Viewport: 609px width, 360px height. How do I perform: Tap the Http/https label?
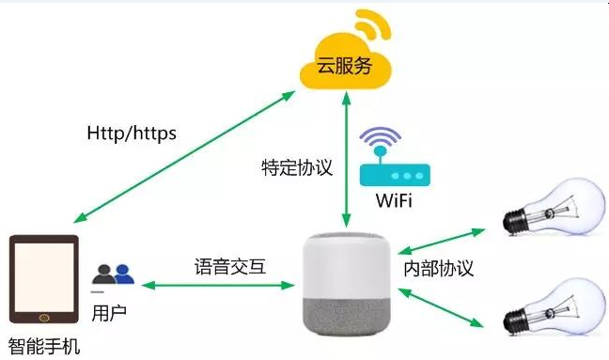[x=132, y=133]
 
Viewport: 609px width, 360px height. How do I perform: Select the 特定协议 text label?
[x=297, y=167]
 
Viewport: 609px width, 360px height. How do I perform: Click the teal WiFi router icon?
[x=395, y=175]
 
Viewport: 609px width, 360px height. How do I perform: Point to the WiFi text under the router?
[x=394, y=200]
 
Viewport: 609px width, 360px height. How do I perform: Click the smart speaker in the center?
[x=347, y=285]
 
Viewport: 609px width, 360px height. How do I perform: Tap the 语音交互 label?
[x=230, y=267]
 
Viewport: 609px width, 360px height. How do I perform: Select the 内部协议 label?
[x=439, y=268]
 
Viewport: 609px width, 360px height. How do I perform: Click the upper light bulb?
[x=554, y=208]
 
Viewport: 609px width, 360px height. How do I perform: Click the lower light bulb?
[x=554, y=307]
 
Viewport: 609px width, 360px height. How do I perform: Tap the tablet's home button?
[x=44, y=318]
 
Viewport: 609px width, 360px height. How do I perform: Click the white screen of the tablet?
[x=44, y=277]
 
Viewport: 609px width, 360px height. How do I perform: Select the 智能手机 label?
[x=44, y=347]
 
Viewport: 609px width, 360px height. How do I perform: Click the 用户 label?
[x=109, y=313]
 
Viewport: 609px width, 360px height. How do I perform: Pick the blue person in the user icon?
[x=123, y=274]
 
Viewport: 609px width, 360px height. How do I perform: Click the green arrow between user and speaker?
[x=218, y=286]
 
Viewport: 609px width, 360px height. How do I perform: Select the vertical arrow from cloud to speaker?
[x=346, y=159]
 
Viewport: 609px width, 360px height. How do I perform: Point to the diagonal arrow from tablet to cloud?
[x=184, y=157]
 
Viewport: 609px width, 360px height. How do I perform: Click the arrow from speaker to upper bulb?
[x=442, y=242]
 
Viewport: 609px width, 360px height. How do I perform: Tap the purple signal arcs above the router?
[x=381, y=136]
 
